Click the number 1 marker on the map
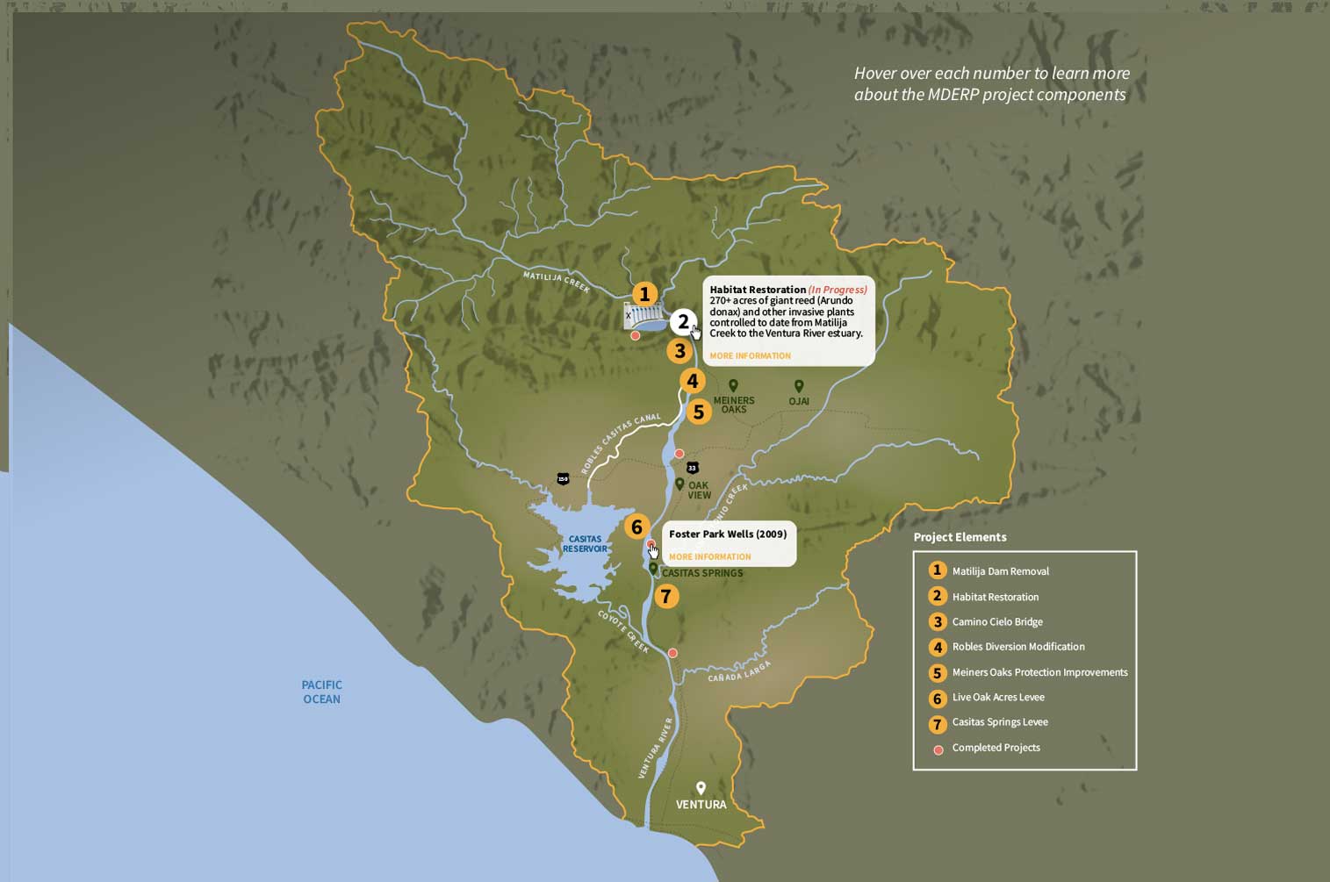pyautogui.click(x=644, y=294)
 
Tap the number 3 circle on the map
pyautogui.click(x=679, y=351)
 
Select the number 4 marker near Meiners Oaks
pyautogui.click(x=693, y=381)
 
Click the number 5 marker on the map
pyautogui.click(x=699, y=412)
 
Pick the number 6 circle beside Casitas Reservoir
pyautogui.click(x=637, y=527)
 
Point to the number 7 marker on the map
pyautogui.click(x=666, y=597)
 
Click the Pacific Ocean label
pyautogui.click(x=321, y=692)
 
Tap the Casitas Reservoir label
pyautogui.click(x=585, y=544)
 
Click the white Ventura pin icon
pyautogui.click(x=701, y=788)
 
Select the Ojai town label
pyautogui.click(x=799, y=401)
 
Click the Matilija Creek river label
pyautogui.click(x=557, y=282)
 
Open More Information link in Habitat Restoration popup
pyautogui.click(x=750, y=355)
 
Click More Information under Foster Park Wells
pyautogui.click(x=709, y=556)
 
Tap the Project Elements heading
pyautogui.click(x=960, y=537)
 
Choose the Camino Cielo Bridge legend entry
pyautogui.click(x=997, y=621)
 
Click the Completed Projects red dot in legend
pyautogui.click(x=938, y=749)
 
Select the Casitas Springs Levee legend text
pyautogui.click(x=1000, y=722)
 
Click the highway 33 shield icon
pyautogui.click(x=693, y=468)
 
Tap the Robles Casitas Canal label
pyautogui.click(x=621, y=444)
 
